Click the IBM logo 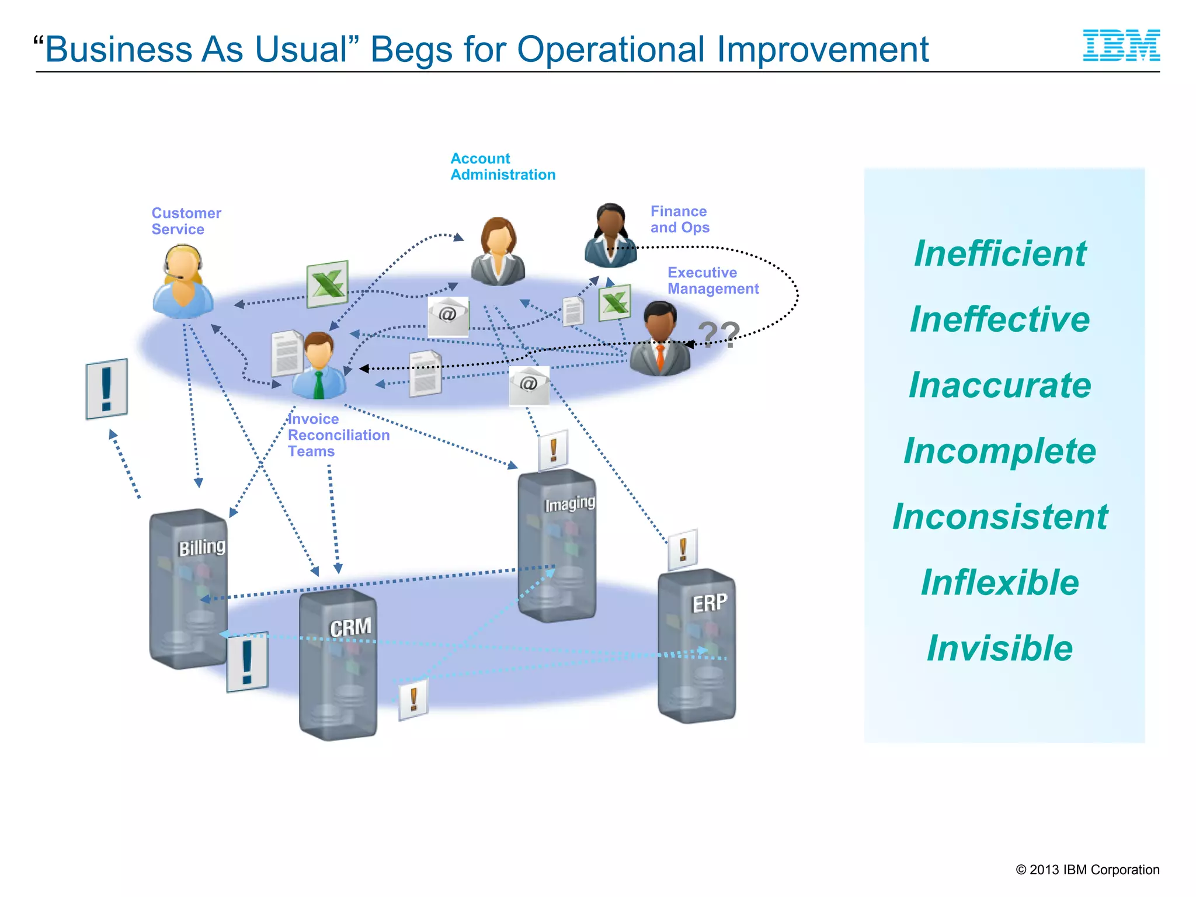[1121, 46]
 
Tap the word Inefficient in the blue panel [1000, 254]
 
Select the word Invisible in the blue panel [1000, 648]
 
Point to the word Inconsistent [1000, 517]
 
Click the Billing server [188, 590]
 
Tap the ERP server [696, 645]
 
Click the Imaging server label [569, 503]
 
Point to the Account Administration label [502, 166]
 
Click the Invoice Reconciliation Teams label [338, 435]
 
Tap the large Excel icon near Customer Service [328, 284]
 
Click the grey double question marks [719, 335]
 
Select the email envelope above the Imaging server [529, 385]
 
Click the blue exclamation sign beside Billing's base [247, 662]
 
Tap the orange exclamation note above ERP [683, 550]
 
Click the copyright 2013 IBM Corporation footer [1087, 870]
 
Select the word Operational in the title [611, 49]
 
